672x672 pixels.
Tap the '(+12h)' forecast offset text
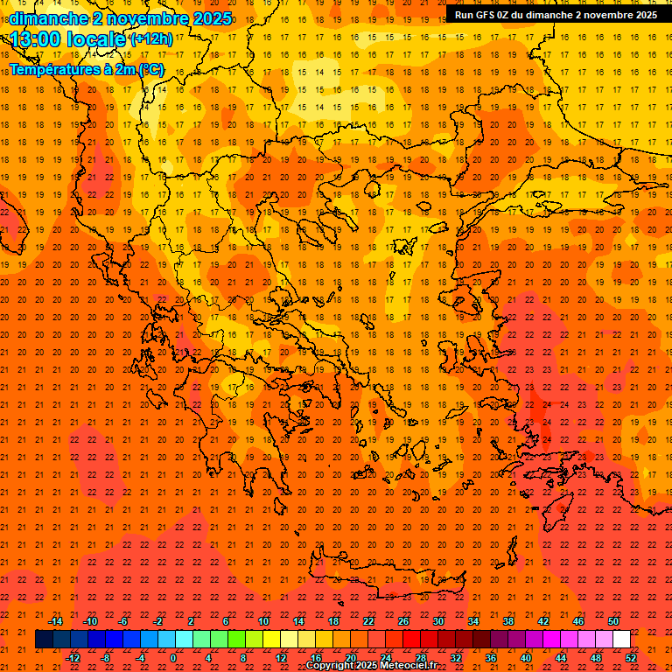click(x=151, y=39)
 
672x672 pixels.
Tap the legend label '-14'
click(x=55, y=621)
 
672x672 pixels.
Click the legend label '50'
click(x=613, y=621)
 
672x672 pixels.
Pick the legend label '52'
click(x=631, y=658)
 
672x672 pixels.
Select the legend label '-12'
click(x=73, y=658)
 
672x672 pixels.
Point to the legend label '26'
click(x=403, y=621)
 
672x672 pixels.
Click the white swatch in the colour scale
click(x=622, y=640)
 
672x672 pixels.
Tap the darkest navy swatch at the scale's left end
click(x=45, y=640)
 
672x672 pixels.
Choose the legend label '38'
click(x=508, y=621)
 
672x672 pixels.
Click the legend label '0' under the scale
click(x=172, y=658)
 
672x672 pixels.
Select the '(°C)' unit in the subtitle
click(x=150, y=69)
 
